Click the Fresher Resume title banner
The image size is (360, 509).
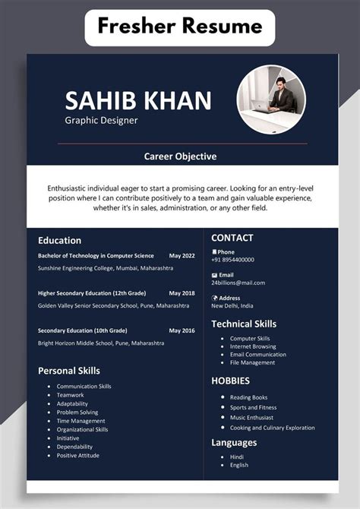[x=179, y=28]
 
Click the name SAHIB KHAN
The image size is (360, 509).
[x=137, y=100]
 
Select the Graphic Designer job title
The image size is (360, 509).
[x=101, y=120]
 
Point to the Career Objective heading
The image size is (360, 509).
[x=180, y=156]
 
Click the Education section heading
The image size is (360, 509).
[x=60, y=240]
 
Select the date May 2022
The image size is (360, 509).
[x=182, y=256]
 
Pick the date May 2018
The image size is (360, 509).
[x=182, y=293]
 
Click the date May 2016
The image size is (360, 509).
[x=182, y=330]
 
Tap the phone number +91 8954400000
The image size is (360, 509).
[x=232, y=260]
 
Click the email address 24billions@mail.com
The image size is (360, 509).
[x=238, y=283]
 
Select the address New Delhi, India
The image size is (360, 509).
[x=232, y=305]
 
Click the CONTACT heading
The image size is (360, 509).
[x=232, y=238]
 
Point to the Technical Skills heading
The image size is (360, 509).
[x=243, y=324]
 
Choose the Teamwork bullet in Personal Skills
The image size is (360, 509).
[x=70, y=395]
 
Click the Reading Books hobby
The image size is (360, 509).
[x=248, y=397]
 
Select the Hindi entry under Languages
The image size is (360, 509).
[x=236, y=457]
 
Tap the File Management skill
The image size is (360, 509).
[x=252, y=362]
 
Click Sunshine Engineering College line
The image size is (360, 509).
[x=106, y=268]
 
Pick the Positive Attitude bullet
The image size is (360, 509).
[x=77, y=456]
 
